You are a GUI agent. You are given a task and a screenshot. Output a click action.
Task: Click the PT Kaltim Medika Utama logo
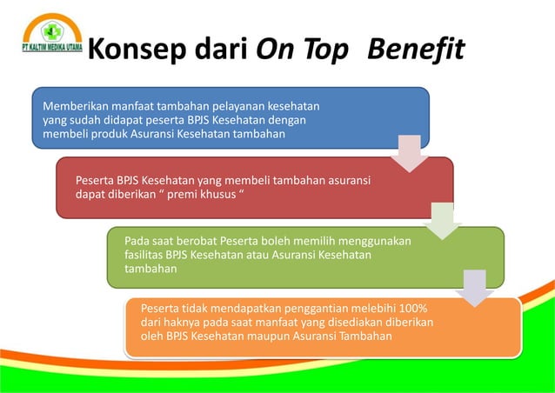tap(51, 34)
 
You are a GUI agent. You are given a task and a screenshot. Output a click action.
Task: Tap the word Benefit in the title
tap(416, 50)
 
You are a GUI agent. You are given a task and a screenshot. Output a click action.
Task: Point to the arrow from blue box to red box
tap(408, 153)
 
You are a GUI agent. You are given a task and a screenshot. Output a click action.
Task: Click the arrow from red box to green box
tap(442, 222)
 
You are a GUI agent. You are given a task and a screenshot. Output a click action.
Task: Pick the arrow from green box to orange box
tap(475, 288)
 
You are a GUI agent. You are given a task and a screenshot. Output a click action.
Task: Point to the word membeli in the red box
tap(229, 181)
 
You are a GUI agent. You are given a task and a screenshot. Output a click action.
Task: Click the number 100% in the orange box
tap(419, 308)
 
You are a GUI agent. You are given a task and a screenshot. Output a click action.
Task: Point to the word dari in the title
tap(221, 50)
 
